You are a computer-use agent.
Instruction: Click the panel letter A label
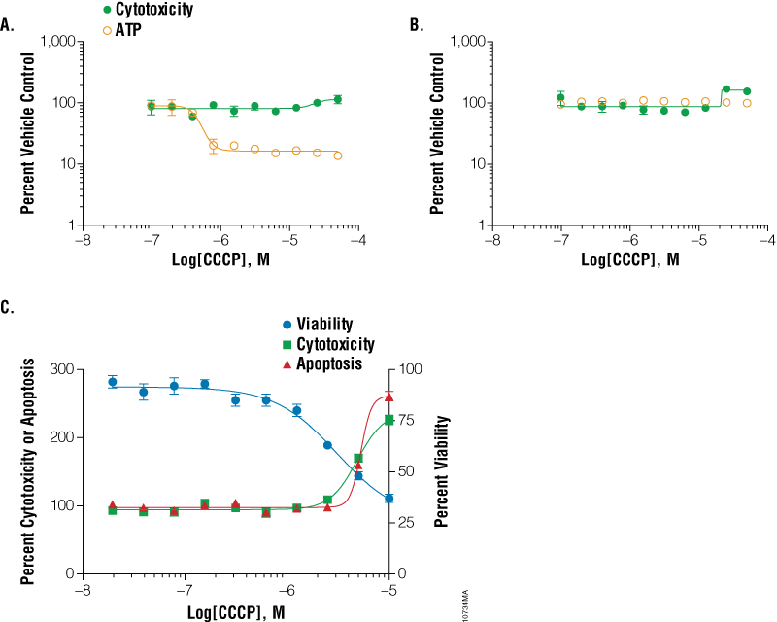tap(9, 27)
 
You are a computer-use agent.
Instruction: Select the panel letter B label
tap(417, 27)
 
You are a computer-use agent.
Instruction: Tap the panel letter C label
tap(9, 308)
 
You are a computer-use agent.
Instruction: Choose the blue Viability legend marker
tap(287, 324)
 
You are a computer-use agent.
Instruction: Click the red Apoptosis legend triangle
tap(287, 363)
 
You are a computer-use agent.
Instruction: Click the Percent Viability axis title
tap(442, 470)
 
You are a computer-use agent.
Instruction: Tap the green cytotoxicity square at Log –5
tap(389, 420)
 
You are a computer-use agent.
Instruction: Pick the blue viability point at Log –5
tap(389, 499)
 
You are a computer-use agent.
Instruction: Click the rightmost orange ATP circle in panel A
tap(338, 155)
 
